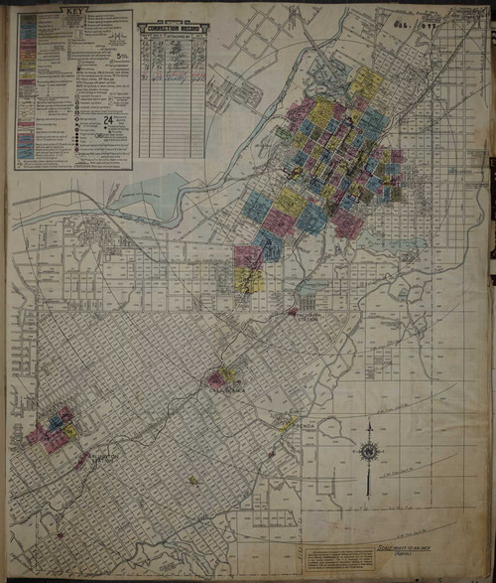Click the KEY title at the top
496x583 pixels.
pos(73,15)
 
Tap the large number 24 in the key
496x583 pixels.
pos(106,120)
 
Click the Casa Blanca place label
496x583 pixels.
pos(228,392)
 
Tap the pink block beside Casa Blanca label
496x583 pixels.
pos(215,378)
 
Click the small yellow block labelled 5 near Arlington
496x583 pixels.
pos(71,432)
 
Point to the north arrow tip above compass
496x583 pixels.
pos(369,426)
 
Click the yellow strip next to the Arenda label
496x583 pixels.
pos(287,423)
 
